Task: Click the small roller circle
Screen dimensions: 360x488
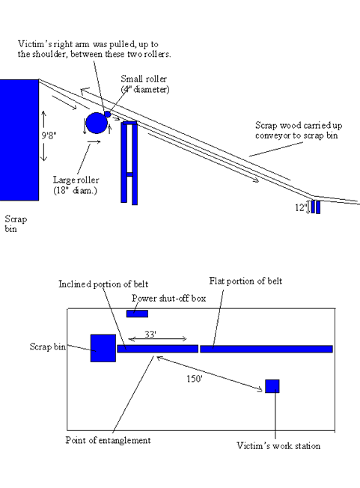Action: point(107,115)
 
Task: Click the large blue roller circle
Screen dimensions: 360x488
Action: point(97,123)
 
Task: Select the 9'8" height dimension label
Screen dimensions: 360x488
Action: point(49,135)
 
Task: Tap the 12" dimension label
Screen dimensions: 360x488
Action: point(301,207)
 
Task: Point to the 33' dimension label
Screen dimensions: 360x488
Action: point(150,335)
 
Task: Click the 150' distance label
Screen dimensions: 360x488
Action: point(195,379)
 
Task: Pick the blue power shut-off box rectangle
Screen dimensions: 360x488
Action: point(137,314)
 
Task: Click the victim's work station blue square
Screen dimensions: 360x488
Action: point(272,386)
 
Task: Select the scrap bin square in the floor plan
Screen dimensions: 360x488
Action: point(103,348)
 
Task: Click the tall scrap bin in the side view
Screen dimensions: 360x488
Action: point(19,140)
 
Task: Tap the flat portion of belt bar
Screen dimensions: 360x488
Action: point(266,349)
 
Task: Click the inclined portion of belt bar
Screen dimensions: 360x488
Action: point(158,349)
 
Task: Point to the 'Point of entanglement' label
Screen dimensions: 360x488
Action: point(108,440)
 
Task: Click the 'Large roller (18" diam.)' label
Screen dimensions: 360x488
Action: point(76,185)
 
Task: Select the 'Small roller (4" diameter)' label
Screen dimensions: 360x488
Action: point(145,84)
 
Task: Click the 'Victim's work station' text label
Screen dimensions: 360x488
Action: point(278,446)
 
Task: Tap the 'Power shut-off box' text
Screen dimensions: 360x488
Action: point(168,299)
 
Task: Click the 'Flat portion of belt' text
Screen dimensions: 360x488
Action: point(245,281)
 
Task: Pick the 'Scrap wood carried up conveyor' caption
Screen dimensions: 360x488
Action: point(299,130)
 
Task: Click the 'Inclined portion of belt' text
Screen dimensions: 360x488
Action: point(103,284)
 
